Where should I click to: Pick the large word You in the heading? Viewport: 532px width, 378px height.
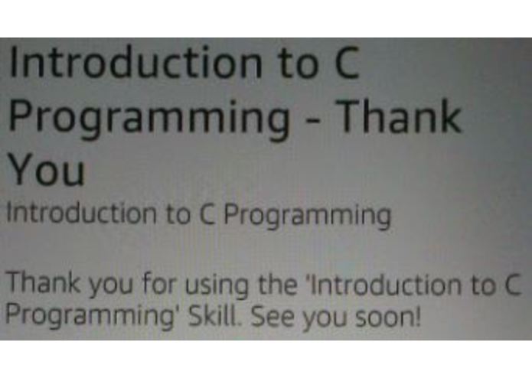(45, 170)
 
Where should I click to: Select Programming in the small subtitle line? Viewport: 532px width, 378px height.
(307, 217)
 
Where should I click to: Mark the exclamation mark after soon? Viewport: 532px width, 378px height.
(418, 314)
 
